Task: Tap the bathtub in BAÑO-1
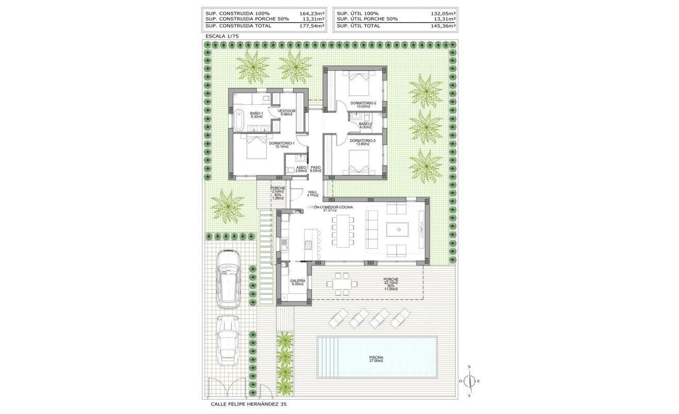239,120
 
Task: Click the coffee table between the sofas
398,229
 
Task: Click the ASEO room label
301,168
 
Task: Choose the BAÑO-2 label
365,125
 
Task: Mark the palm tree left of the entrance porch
227,205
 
